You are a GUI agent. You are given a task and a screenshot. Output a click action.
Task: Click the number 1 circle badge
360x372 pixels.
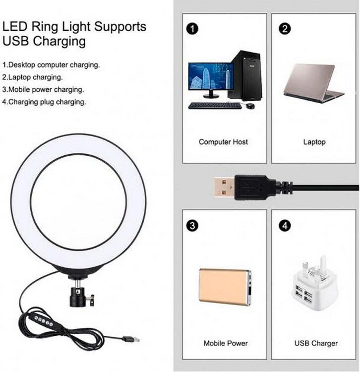click(x=192, y=29)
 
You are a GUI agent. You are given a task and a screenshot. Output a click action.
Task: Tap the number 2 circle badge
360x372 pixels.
click(x=285, y=29)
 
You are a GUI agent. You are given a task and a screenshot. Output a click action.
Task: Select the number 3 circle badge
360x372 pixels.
click(x=192, y=225)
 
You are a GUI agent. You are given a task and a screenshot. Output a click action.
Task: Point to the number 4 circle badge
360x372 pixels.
click(x=285, y=225)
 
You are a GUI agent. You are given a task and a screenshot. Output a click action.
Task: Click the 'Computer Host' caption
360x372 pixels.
click(x=223, y=142)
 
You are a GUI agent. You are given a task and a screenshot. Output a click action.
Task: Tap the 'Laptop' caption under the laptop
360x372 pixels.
click(x=314, y=142)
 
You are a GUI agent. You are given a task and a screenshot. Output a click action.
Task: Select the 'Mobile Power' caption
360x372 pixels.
click(x=226, y=343)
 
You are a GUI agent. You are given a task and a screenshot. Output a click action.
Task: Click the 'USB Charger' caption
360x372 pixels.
click(x=316, y=343)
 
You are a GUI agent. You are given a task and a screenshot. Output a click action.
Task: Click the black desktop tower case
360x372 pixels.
click(x=245, y=75)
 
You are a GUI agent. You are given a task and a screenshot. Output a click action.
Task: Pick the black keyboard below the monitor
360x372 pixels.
click(x=215, y=106)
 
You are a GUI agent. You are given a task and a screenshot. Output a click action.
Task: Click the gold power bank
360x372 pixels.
click(x=225, y=287)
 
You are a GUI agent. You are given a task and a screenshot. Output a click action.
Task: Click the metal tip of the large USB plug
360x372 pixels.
click(x=225, y=187)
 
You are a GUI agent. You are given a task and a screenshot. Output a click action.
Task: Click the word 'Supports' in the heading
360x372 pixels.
click(x=120, y=27)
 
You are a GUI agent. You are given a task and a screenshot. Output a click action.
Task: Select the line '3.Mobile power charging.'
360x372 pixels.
click(x=43, y=90)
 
